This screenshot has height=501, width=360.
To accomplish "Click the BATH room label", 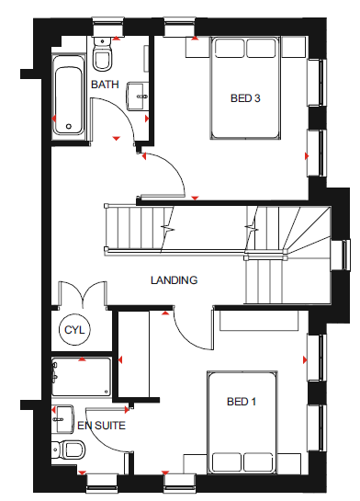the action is [105, 85].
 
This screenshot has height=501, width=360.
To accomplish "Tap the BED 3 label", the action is [245, 98].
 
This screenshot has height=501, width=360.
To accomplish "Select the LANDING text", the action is [174, 280].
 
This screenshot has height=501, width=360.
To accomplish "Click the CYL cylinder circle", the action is [74, 330].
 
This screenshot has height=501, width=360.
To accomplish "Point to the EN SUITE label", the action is [102, 426].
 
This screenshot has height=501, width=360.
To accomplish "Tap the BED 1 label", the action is [242, 402].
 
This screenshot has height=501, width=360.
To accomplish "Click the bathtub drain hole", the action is [69, 127].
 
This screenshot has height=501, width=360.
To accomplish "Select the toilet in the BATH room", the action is [102, 53].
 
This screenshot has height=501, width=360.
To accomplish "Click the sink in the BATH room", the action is [138, 97].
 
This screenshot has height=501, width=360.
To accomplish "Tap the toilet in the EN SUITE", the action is [68, 450].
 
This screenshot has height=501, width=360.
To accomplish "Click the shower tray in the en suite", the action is [82, 377].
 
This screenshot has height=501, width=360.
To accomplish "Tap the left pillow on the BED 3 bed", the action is [230, 48].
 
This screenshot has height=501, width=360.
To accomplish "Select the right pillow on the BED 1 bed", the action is [258, 462].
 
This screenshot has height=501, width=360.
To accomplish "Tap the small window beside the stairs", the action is [344, 255].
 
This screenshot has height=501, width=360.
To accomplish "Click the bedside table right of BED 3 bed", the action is [294, 47].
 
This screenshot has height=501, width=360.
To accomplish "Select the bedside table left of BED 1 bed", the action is [196, 464].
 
